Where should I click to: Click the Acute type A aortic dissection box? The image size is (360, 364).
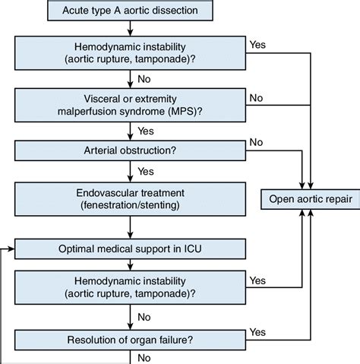coord(130,11)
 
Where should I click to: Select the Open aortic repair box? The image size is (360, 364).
coord(311,199)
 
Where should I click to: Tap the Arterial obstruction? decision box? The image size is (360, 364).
coord(130,150)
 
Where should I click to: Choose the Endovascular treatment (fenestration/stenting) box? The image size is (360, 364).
coord(130,199)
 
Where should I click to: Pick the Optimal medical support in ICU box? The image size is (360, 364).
coord(130,248)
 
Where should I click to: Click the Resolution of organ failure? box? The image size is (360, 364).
coord(130,340)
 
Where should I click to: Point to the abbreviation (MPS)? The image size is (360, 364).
coord(185,111)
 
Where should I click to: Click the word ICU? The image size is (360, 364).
coord(193,248)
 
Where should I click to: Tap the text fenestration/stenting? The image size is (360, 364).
coord(130,205)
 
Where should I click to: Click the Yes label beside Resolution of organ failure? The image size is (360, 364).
coord(257,332)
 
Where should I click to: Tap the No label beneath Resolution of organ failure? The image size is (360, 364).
coord(144,358)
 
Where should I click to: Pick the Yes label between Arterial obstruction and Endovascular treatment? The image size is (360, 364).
coord(146,172)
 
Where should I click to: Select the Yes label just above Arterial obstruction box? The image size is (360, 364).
coord(146,131)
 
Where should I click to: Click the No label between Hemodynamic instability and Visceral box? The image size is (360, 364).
coord(144,79)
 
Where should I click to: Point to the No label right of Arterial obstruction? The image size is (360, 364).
coord(256,142)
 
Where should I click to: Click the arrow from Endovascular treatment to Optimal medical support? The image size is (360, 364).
coord(130,227)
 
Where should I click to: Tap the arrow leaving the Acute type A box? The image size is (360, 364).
coord(130,28)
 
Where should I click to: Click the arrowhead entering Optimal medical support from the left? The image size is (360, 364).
coord(11,249)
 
